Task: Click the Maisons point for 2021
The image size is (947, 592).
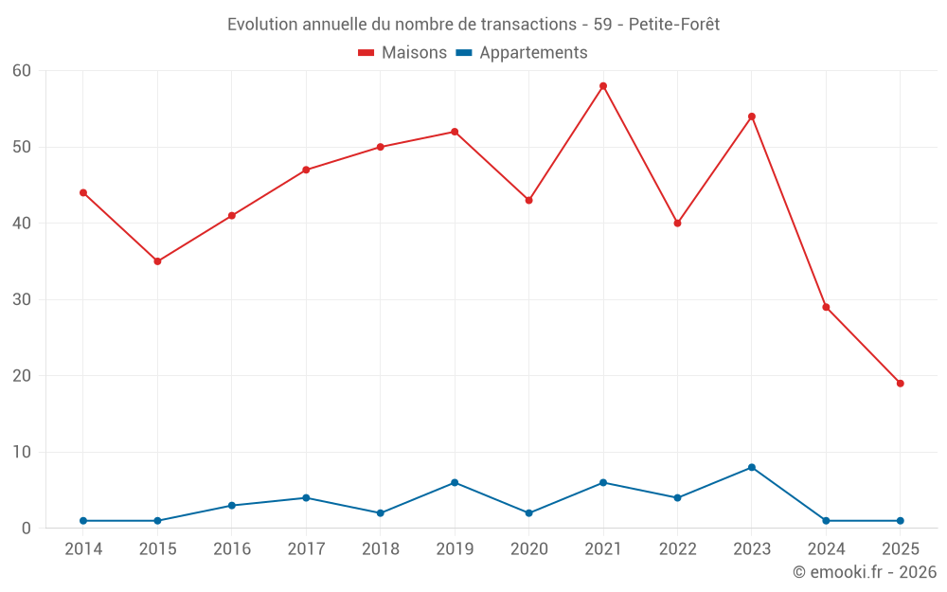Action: [x=603, y=86]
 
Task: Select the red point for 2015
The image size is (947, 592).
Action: [x=157, y=261]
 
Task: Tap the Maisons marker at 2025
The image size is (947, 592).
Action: [x=901, y=384]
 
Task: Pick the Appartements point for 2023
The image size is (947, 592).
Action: [x=752, y=467]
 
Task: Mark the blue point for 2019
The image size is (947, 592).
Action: [x=455, y=482]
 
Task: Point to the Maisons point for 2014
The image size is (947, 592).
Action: [x=83, y=192]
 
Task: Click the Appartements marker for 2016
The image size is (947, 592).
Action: [x=232, y=505]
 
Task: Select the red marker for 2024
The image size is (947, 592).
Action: [x=826, y=307]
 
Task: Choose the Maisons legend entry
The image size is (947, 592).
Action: [x=402, y=53]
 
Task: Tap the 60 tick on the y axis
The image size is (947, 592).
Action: [x=22, y=71]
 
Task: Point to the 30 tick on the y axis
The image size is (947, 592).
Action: [x=22, y=299]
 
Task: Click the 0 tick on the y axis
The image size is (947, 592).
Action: [x=27, y=528]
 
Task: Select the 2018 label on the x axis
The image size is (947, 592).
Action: [x=381, y=549]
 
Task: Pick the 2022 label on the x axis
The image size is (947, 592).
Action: [x=677, y=549]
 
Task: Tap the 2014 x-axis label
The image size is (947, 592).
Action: [x=83, y=549]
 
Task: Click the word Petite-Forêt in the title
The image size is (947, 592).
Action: [x=673, y=25]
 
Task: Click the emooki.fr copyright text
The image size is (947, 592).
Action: [x=865, y=572]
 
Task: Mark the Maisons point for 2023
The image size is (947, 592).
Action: [x=752, y=117]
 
